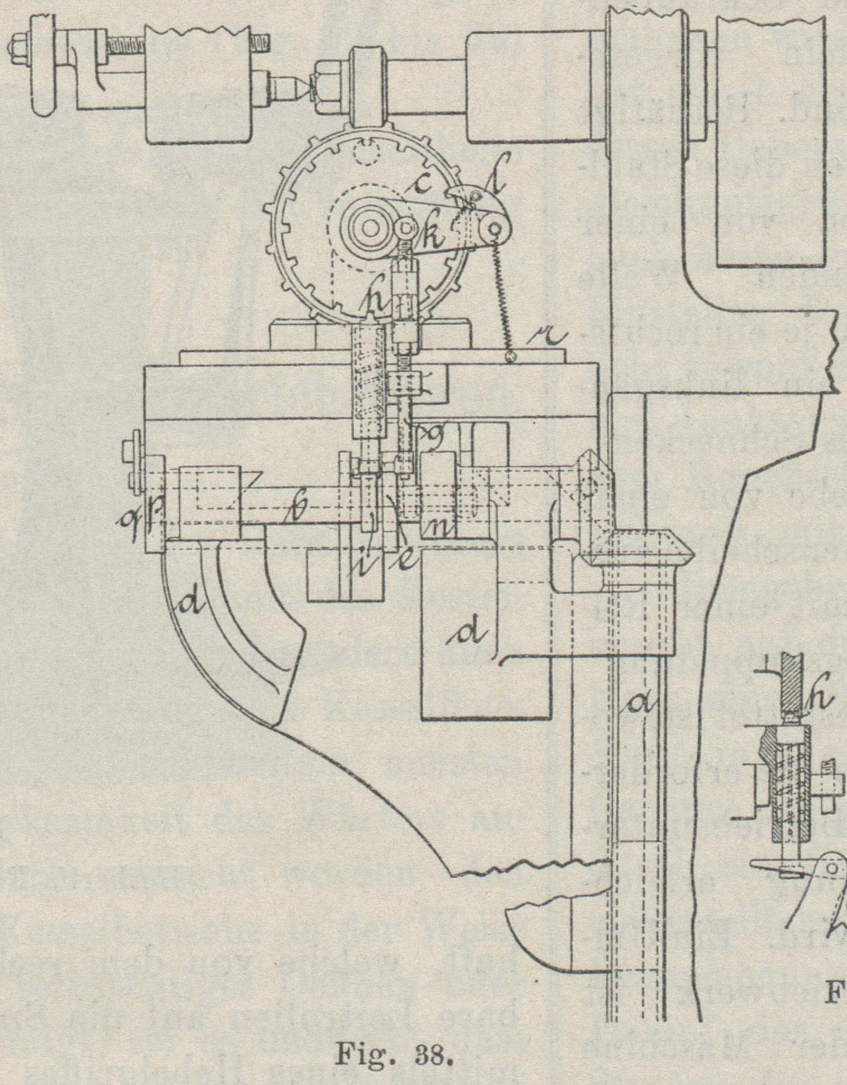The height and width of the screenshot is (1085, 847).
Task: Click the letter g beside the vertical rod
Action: click(x=431, y=434)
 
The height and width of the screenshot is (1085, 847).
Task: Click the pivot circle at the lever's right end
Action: click(x=494, y=228)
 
